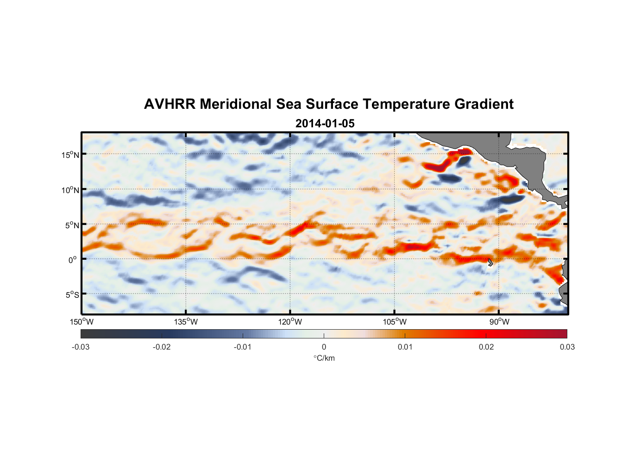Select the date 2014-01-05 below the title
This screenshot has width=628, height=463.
(x=325, y=124)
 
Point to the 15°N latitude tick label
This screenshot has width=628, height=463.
(x=70, y=155)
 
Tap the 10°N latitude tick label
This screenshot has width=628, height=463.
(x=70, y=190)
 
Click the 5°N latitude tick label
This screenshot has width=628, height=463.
(x=72, y=225)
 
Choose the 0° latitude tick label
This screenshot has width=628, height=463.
(x=73, y=260)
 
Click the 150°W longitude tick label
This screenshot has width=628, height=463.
(x=82, y=322)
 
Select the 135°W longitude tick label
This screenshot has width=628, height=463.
(x=186, y=322)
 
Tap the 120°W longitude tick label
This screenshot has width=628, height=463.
(x=290, y=322)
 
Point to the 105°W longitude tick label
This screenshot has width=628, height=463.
(x=395, y=322)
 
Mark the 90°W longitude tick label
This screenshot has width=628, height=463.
(x=499, y=322)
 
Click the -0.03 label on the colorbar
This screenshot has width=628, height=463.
(x=81, y=347)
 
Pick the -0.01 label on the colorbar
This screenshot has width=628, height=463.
(x=243, y=347)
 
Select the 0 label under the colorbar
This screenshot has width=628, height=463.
(x=324, y=347)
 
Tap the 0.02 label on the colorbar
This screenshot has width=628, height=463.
(x=486, y=347)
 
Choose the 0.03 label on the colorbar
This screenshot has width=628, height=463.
(x=567, y=347)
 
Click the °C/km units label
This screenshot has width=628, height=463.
(x=324, y=358)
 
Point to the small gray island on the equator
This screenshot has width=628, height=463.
(x=490, y=263)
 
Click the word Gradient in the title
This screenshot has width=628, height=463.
(x=484, y=104)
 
